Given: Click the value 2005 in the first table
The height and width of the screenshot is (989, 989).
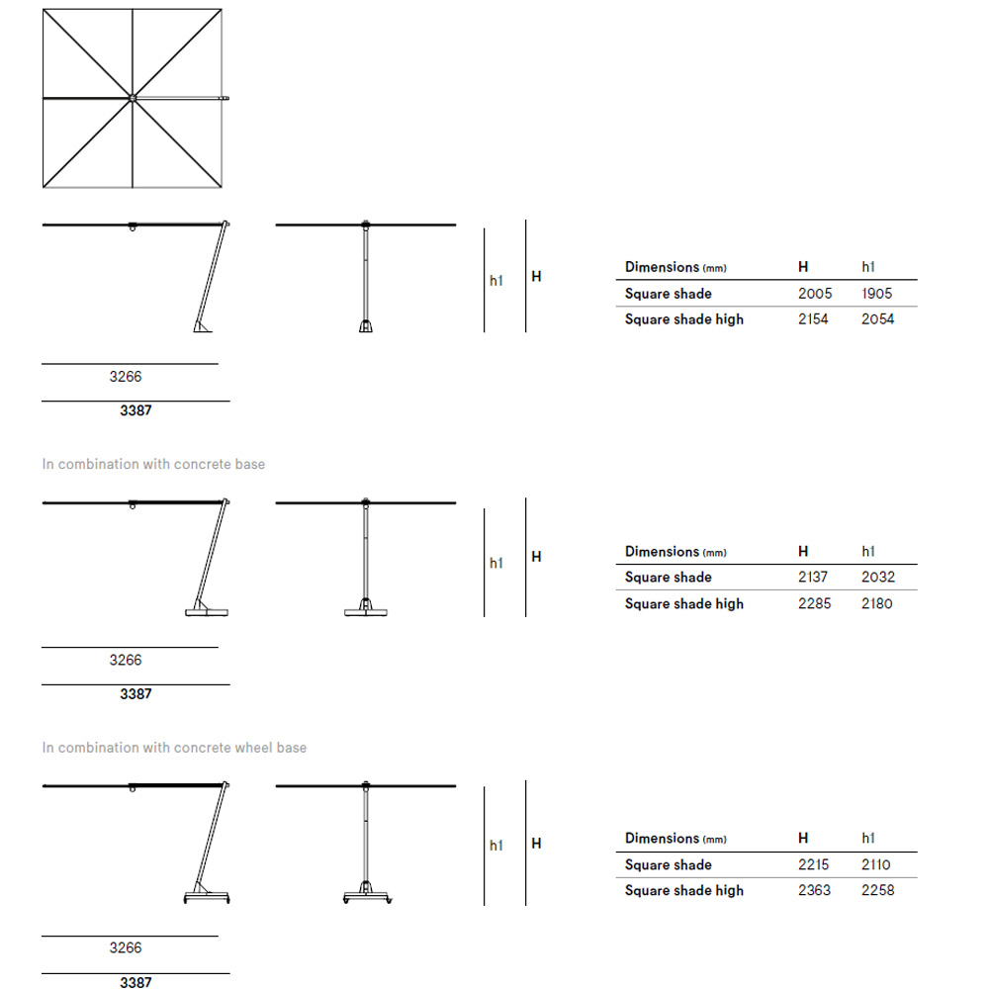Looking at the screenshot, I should click(x=815, y=294).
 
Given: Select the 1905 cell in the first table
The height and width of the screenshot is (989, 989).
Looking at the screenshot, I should click(x=876, y=294).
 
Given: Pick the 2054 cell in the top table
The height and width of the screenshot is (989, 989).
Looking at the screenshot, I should click(x=877, y=319).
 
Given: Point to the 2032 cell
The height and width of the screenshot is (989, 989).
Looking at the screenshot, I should click(x=877, y=578).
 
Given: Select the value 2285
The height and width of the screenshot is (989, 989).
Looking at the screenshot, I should click(x=815, y=603).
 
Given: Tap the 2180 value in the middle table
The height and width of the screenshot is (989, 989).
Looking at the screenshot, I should click(x=877, y=603).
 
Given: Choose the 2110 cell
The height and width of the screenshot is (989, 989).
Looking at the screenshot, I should click(x=876, y=864).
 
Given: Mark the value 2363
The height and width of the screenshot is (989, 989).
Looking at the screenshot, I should click(x=815, y=890).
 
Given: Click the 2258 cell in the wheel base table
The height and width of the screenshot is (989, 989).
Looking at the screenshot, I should click(x=877, y=890).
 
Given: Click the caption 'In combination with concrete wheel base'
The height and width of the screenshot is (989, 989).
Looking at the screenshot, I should click(x=174, y=748).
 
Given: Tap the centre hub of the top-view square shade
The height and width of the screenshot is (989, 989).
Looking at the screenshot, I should click(x=132, y=98).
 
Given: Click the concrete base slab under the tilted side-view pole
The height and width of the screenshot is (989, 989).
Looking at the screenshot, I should click(x=208, y=613).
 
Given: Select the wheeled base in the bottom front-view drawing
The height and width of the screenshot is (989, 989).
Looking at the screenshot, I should click(x=366, y=895).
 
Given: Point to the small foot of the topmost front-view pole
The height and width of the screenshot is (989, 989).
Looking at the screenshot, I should click(x=365, y=326).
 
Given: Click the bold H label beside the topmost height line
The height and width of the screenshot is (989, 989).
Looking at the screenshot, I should click(x=536, y=276).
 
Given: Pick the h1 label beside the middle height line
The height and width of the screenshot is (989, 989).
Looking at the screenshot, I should click(x=496, y=563).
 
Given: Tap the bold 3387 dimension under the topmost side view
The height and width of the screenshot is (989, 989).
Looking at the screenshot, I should click(x=135, y=410).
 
